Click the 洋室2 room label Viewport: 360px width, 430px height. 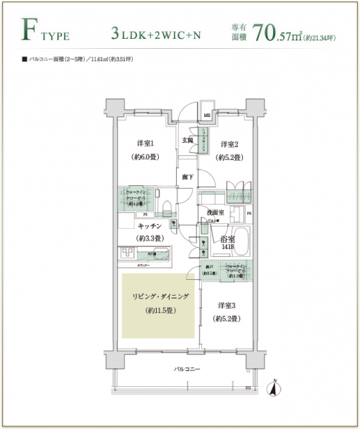tap(229, 143)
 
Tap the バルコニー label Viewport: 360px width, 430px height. tap(187, 369)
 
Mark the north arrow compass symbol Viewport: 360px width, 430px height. tap(273, 390)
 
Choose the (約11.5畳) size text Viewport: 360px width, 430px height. tap(161, 311)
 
